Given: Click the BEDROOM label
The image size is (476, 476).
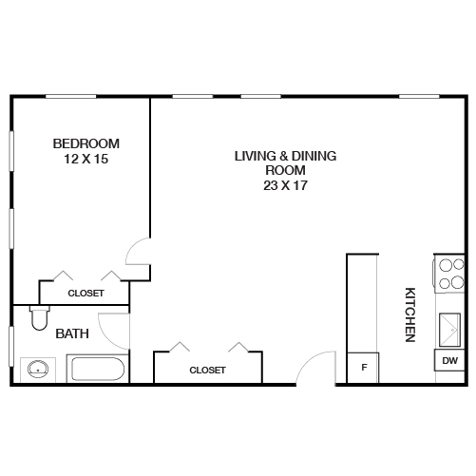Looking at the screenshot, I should tap(86, 143).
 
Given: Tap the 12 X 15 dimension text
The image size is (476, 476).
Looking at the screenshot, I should tap(86, 160).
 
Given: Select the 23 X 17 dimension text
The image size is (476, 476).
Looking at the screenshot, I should tap(286, 186).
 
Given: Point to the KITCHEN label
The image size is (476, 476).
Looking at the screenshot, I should tap(410, 314).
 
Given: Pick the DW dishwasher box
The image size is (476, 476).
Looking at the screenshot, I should tap(448, 361).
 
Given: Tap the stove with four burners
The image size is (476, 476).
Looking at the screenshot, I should tap(448, 273).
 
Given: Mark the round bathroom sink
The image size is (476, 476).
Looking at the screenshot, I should tap(38, 368).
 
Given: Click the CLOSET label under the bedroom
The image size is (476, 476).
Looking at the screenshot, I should tap(86, 294).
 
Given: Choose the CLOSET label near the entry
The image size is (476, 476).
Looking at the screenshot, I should tap(207, 371).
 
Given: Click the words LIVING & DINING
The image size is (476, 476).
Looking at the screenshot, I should tap(286, 156).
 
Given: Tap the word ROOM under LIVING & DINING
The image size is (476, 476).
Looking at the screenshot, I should tap(286, 171).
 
